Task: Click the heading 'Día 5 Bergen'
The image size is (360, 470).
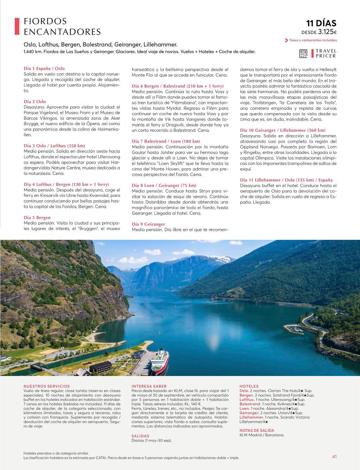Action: click(x=37, y=217)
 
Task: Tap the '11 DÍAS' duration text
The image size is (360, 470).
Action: click(x=321, y=23)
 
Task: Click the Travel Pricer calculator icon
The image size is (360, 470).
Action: click(x=303, y=54)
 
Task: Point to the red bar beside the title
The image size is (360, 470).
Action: click(x=17, y=26)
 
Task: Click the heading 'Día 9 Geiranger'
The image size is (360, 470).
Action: click(x=148, y=224)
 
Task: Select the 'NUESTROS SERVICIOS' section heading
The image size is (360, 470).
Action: click(x=46, y=386)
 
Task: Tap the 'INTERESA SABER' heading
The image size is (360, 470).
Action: click(x=149, y=386)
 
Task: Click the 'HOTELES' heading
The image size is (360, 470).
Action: click(x=249, y=386)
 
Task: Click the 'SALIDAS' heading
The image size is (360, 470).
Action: click(x=140, y=436)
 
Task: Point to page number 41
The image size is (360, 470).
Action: click(x=334, y=456)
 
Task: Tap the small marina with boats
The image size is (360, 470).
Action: click(x=294, y=329)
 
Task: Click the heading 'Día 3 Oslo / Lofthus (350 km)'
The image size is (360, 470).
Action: click(x=54, y=146)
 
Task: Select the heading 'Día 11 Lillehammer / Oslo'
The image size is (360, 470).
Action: click(x=286, y=180)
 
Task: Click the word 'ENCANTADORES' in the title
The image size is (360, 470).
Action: click(x=62, y=32)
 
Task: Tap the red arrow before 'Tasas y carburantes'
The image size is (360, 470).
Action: click(x=286, y=40)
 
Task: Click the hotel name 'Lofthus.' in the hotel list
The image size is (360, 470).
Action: click(x=247, y=400)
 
